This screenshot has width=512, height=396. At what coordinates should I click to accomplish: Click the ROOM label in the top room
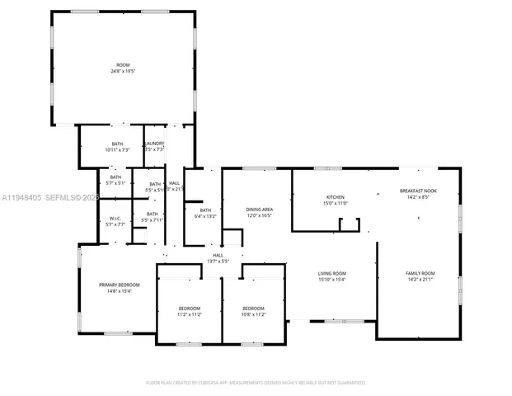point(123,64)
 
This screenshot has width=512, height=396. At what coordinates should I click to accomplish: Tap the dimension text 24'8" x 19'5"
point(123,71)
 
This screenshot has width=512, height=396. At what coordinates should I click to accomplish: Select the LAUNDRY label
point(154,144)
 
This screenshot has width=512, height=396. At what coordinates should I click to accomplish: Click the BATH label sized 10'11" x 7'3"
point(117,144)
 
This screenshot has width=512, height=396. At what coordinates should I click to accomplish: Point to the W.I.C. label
point(115,219)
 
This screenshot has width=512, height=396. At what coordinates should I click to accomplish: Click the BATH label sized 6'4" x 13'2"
point(204,210)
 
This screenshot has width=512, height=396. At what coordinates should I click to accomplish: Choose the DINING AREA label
point(259,210)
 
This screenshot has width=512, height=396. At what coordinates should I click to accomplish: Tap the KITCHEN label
point(335,197)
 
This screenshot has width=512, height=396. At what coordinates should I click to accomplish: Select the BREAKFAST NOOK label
point(418,191)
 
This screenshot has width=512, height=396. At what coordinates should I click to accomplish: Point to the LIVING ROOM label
point(332,273)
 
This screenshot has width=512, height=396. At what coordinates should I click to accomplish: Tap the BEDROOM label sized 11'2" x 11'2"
point(190,308)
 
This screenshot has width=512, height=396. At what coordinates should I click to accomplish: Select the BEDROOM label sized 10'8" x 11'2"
point(253,308)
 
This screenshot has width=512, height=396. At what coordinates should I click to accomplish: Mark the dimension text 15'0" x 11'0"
point(335,204)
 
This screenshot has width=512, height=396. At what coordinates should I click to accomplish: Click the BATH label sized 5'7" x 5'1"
point(115,177)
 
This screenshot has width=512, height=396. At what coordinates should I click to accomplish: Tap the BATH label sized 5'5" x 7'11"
point(153,214)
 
